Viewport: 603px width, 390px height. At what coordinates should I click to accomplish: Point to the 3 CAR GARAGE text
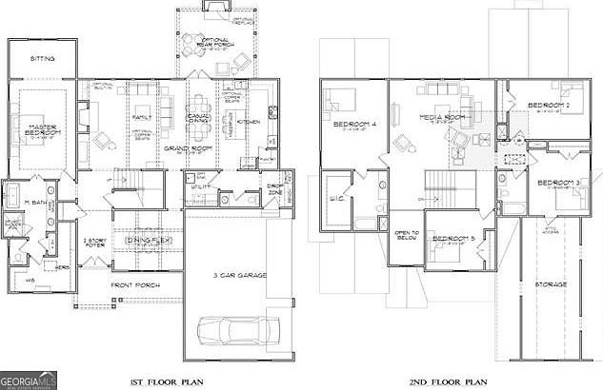[239, 275]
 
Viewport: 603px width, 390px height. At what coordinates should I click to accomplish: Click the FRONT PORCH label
[134, 284]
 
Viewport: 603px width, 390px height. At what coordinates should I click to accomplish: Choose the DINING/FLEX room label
[143, 241]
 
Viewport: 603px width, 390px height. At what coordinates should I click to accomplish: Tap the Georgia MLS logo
[30, 378]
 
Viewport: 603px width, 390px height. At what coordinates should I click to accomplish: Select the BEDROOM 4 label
[352, 125]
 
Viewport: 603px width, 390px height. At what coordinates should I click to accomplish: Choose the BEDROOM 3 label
[557, 182]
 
